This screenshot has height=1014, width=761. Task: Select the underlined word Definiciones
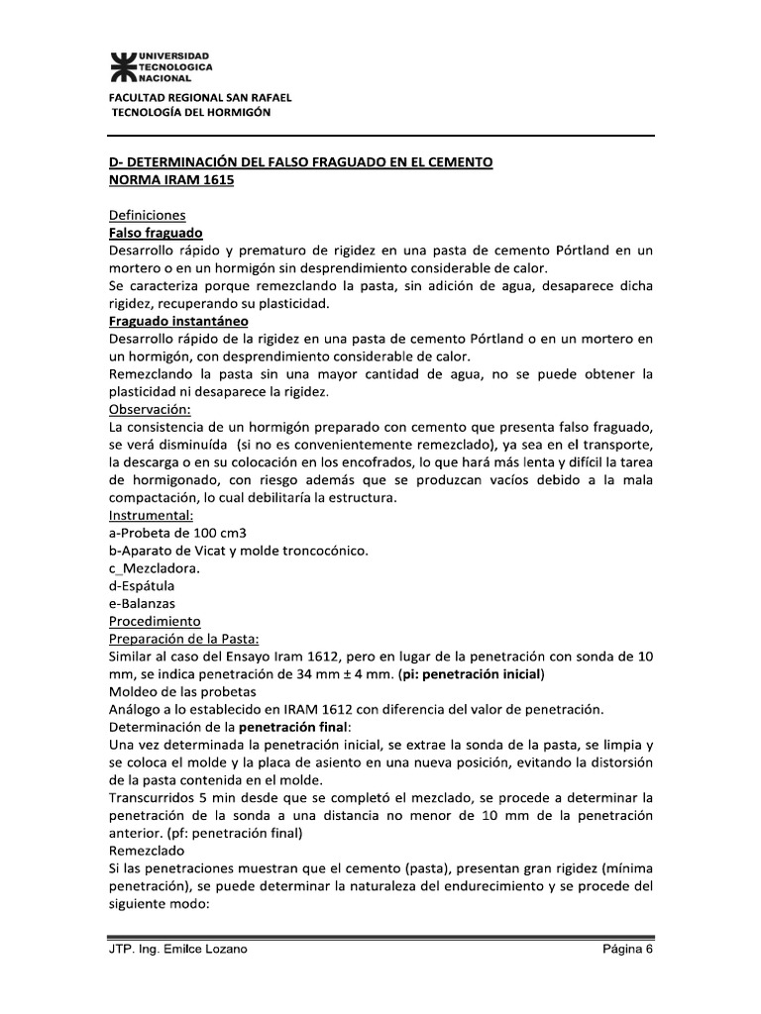click(x=147, y=215)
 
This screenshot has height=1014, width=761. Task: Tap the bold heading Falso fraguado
click(x=155, y=233)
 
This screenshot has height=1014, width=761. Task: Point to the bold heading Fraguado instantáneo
click(x=177, y=322)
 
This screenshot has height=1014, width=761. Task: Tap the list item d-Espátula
click(x=142, y=586)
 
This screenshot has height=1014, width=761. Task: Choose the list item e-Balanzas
click(x=143, y=604)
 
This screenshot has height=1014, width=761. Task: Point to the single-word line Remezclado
click(x=147, y=851)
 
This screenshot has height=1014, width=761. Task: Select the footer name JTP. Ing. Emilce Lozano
click(x=178, y=949)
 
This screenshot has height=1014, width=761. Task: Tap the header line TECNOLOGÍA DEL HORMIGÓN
click(x=190, y=112)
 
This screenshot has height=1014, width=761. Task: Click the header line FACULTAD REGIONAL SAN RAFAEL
click(x=199, y=97)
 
